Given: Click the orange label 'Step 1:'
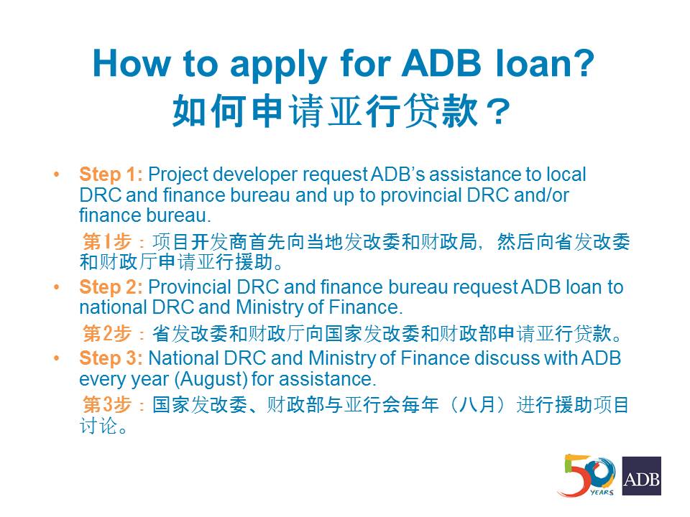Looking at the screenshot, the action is tap(111, 174).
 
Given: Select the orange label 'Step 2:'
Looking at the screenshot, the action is tap(111, 287).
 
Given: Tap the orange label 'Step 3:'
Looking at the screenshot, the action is tap(111, 358).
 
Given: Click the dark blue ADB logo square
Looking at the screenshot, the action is tap(641, 475).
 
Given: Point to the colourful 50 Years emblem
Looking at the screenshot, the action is tap(586, 475).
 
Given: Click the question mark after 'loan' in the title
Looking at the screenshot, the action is tap(581, 64).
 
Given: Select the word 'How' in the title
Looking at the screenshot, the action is tap(131, 64).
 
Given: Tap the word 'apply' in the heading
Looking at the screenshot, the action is tap(278, 66).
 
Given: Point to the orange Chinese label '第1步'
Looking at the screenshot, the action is tap(107, 241).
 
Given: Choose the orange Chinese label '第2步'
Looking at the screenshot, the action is tap(107, 332).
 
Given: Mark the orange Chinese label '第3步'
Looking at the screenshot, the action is tap(107, 404).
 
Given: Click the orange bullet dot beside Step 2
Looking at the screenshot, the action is tap(56, 287).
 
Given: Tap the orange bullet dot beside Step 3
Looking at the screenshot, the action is tap(56, 358).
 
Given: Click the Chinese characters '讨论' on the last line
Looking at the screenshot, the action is tap(98, 425).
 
